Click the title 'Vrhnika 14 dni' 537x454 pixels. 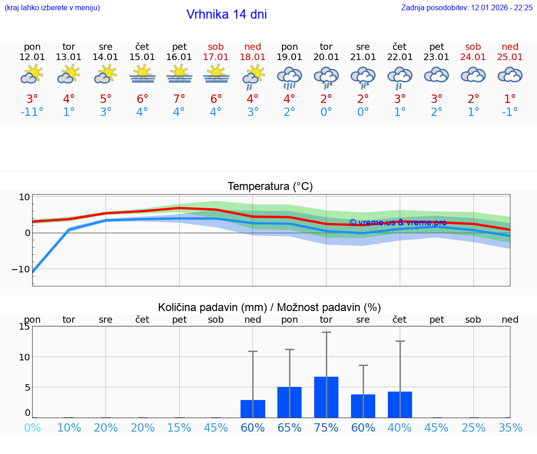pos(227,14)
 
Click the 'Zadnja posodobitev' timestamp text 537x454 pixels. pos(467,8)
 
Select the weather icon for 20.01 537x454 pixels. pos(326,77)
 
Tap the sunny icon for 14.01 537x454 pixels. pos(106,75)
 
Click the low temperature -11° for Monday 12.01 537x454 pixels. pos(32,112)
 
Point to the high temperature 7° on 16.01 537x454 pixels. pos(179,99)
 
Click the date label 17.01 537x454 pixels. pos(216,57)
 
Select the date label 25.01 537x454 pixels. pos(510,57)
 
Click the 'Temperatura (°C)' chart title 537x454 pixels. pos(270,187)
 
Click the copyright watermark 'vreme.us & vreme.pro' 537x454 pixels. pos(398,223)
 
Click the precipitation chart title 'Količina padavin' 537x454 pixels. pos(269,307)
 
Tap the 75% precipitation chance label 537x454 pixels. pos(326,427)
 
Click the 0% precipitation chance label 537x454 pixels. pos(32,427)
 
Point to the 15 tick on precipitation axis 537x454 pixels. pos(24,327)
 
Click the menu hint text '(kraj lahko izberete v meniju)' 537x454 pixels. pos(52,8)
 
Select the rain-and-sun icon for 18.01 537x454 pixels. pos(253,77)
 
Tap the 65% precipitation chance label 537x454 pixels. pos(289,427)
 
